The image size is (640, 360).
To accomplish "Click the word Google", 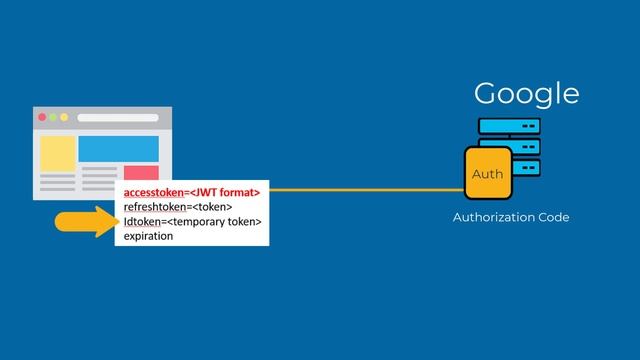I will (526, 94).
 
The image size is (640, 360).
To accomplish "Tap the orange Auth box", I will (488, 175).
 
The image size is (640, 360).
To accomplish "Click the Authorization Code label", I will (511, 217).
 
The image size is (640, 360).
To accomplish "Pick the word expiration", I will (149, 236).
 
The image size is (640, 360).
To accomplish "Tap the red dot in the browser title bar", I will (42, 118).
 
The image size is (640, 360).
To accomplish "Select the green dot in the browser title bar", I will (53, 118).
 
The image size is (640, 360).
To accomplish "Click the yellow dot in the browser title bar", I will (64, 118).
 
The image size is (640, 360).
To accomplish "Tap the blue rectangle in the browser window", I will (118, 148).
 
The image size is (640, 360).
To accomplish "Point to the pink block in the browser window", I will (140, 173).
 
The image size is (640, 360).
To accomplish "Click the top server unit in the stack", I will (509, 127).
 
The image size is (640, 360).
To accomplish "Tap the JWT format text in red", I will (227, 191).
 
